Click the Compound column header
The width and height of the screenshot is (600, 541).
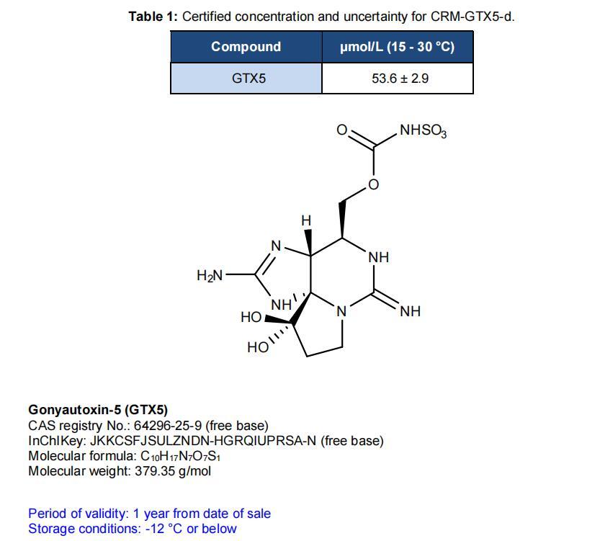(x=246, y=47)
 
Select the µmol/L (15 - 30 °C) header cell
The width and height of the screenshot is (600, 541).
(x=398, y=47)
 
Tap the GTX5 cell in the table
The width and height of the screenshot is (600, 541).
(x=246, y=79)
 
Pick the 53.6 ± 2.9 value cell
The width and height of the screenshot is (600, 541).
(x=398, y=79)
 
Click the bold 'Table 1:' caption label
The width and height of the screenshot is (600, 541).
(x=153, y=17)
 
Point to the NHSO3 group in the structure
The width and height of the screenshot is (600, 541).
(x=424, y=130)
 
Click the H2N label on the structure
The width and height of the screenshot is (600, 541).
(x=210, y=275)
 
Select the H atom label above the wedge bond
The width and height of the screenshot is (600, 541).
(x=306, y=220)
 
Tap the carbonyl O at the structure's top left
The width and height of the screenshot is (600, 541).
(x=342, y=130)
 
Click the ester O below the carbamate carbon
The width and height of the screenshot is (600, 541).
(x=373, y=184)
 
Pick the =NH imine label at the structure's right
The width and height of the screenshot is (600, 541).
(x=411, y=311)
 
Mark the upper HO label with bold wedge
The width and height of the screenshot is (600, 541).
(x=251, y=317)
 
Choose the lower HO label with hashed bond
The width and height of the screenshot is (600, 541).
(x=258, y=347)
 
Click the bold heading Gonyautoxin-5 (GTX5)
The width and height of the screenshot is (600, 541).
(x=98, y=410)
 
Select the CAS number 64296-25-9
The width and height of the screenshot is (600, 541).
(x=168, y=426)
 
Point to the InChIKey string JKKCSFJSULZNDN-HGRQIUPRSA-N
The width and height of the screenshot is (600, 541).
(x=203, y=441)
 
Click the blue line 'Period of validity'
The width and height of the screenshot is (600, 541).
(x=150, y=514)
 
